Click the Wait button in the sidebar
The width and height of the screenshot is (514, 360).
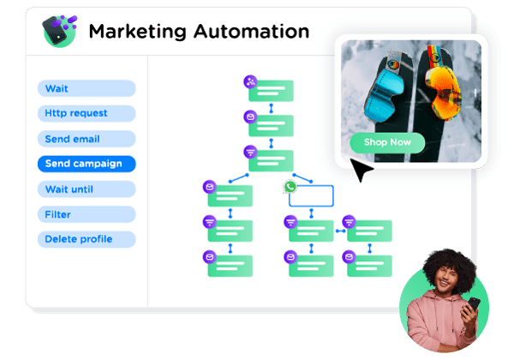[87, 88]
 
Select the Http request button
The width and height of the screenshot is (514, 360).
[87, 113]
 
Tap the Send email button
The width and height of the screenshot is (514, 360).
[87, 139]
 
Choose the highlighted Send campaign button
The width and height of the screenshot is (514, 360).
[87, 164]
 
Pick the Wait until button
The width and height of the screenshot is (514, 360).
[87, 189]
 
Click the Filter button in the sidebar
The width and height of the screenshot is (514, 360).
[87, 214]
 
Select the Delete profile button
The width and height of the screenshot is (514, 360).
[87, 239]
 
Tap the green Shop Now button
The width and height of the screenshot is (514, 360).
[387, 142]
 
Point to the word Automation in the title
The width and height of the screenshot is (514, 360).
[252, 32]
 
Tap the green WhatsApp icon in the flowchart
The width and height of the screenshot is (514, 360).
[290, 186]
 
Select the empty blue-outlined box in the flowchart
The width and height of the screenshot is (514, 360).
[309, 195]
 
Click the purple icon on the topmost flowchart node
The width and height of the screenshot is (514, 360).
[250, 81]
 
